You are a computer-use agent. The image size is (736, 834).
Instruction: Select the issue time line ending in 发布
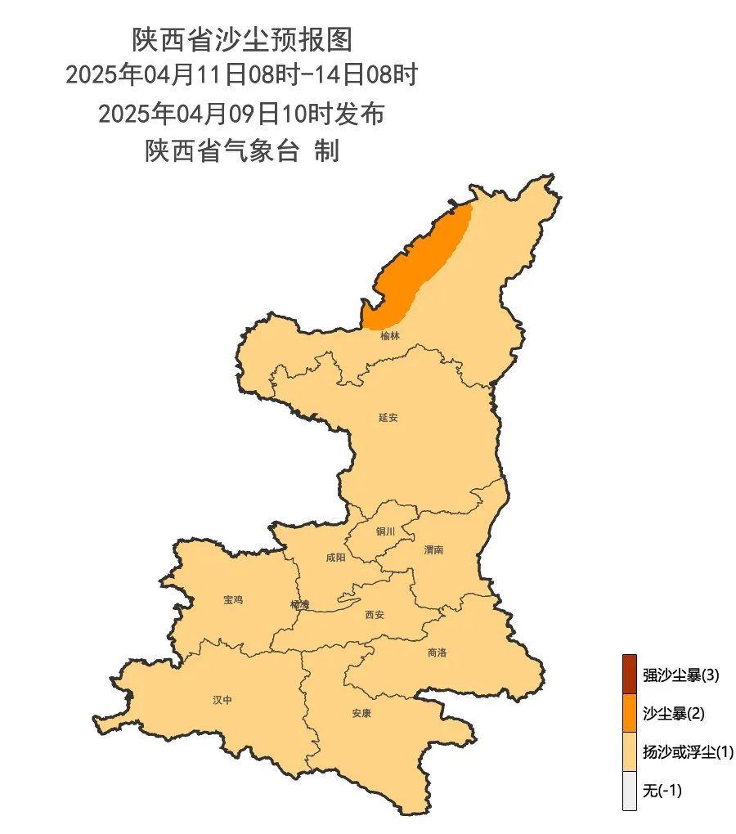pyautogui.click(x=241, y=114)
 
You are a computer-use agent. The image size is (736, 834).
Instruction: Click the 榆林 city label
pyautogui.click(x=390, y=335)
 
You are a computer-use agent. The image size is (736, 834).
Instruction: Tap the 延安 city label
pyautogui.click(x=388, y=417)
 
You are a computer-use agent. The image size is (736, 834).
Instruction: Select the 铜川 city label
pyautogui.click(x=385, y=531)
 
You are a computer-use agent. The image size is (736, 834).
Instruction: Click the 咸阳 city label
pyautogui.click(x=335, y=558)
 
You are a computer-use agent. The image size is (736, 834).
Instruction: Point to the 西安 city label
pyautogui.click(x=374, y=615)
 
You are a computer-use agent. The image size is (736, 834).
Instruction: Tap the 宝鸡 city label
pyautogui.click(x=233, y=599)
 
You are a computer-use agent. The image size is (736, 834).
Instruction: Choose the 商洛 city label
pyautogui.click(x=437, y=652)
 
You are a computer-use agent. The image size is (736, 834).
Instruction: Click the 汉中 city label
pyautogui.click(x=222, y=700)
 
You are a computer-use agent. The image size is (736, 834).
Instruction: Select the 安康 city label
pyautogui.click(x=361, y=713)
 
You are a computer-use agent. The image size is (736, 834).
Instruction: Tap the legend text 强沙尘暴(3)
pyautogui.click(x=680, y=675)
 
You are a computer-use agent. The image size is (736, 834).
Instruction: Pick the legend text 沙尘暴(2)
pyautogui.click(x=673, y=714)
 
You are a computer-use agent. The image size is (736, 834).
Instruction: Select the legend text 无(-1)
pyautogui.click(x=662, y=791)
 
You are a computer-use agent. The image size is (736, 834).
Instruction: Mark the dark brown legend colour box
pyautogui.click(x=629, y=674)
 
